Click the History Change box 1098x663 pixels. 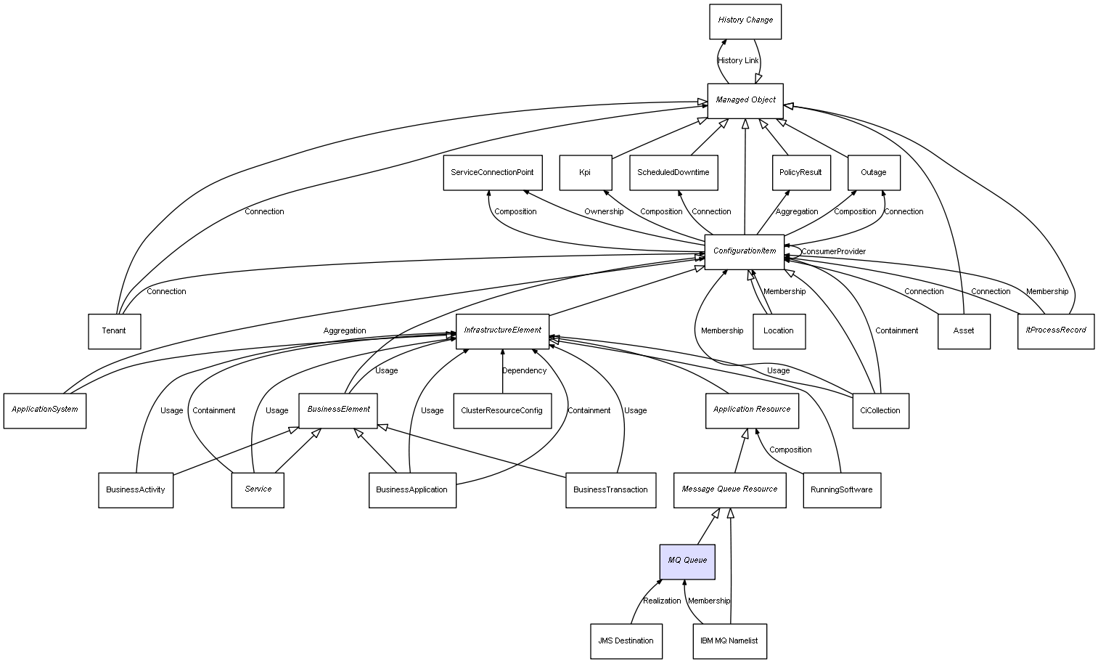click(745, 21)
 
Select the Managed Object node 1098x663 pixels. click(745, 100)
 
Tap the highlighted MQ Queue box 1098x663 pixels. click(687, 561)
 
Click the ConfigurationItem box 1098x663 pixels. click(744, 252)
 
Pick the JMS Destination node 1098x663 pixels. click(626, 641)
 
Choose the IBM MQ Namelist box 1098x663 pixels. click(729, 641)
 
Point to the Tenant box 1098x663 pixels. click(114, 331)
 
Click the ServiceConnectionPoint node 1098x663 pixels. click(491, 173)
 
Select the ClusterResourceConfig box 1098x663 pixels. click(501, 411)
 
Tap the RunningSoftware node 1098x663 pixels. click(841, 490)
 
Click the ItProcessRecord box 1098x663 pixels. click(1055, 331)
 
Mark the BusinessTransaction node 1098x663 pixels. click(610, 490)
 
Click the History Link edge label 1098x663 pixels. click(737, 61)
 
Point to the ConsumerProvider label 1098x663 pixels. click(833, 252)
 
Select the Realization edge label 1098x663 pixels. click(662, 601)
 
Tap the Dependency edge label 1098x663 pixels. click(524, 371)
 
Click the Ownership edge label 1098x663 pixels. click(603, 212)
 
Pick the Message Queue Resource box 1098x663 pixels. click(729, 490)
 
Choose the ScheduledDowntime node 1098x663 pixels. click(673, 173)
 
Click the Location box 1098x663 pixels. click(778, 331)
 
